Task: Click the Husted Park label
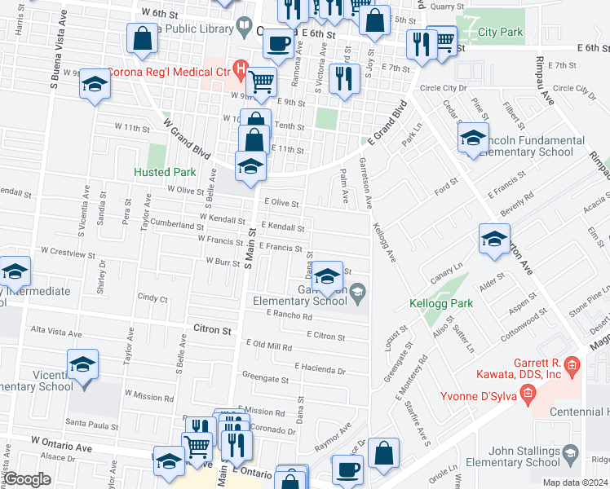(x=165, y=172)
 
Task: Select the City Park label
(x=501, y=33)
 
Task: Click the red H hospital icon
(x=240, y=68)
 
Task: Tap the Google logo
(x=27, y=479)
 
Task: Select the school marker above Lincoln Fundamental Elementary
(x=472, y=139)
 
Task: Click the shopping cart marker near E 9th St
(x=260, y=81)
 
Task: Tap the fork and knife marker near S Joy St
(x=345, y=78)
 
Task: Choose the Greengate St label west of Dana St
(x=265, y=379)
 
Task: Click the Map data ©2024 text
(x=574, y=482)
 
